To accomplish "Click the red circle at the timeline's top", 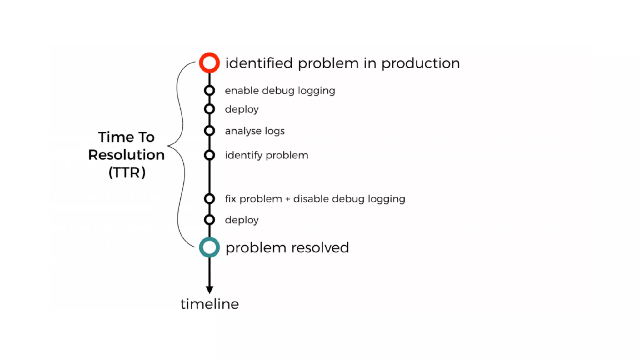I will pos(209,63).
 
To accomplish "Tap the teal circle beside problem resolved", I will pos(209,247).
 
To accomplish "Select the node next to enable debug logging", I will pos(209,91).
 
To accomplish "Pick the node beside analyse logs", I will pos(209,131).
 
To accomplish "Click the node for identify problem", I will pos(209,155).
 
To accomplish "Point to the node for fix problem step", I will pos(209,199).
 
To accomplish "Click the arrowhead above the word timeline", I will pos(209,290).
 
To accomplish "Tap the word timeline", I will pos(209,304).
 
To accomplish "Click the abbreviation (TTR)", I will pos(127,172).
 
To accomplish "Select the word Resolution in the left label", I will pos(126,155).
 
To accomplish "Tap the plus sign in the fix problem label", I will pos(287,199).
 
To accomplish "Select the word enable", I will pos(242,91).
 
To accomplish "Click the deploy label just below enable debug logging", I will pos(242,109).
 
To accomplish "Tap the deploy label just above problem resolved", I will pos(242,220).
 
